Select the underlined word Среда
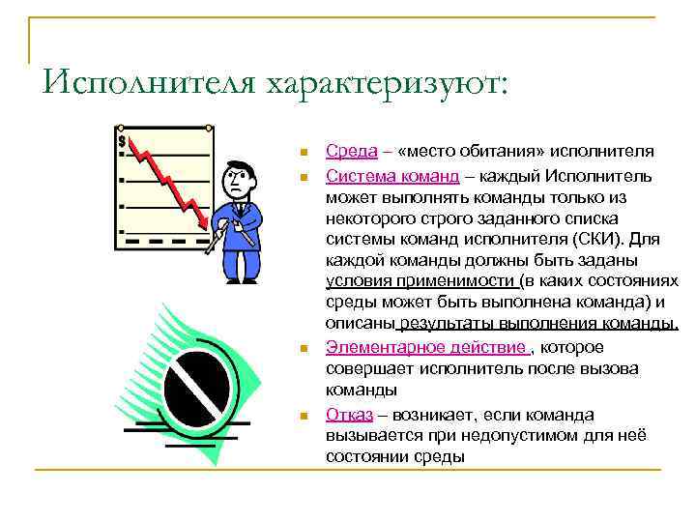tap(345, 151)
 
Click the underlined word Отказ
tap(350, 415)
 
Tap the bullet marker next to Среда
tap(303, 153)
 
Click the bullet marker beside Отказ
tap(303, 417)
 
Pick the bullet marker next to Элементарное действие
tap(303, 349)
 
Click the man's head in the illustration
tap(238, 177)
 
